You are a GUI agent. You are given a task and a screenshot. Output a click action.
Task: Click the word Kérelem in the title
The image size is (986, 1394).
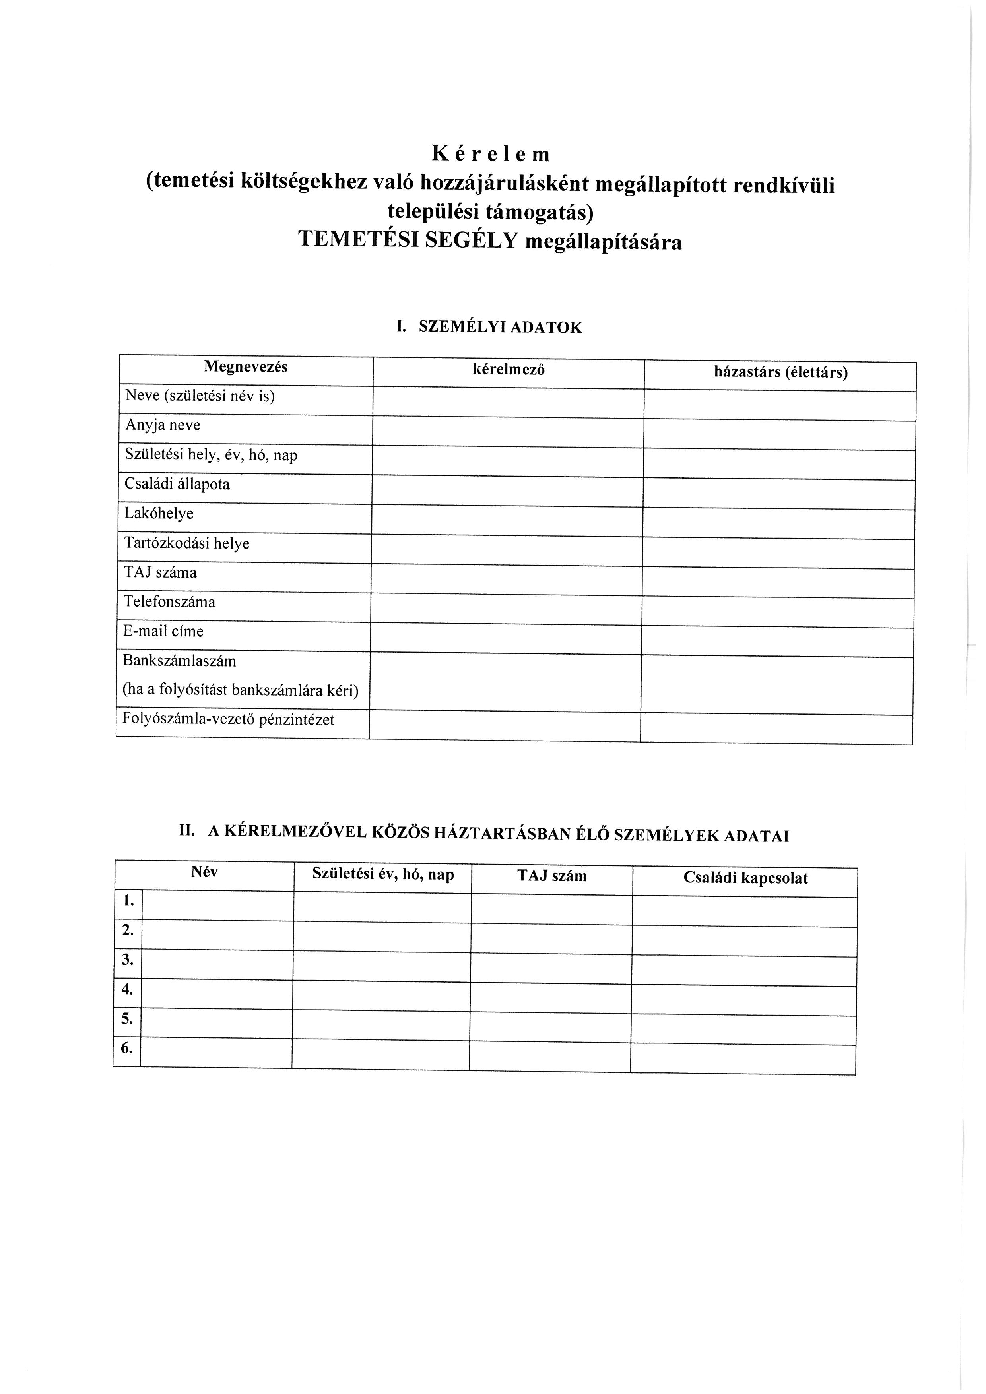[x=491, y=154]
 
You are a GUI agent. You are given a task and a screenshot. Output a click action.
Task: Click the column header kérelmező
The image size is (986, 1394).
[x=508, y=370]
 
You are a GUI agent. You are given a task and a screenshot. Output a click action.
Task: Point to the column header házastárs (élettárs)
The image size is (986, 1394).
[x=780, y=373]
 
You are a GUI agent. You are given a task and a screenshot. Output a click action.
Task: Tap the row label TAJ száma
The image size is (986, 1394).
[x=160, y=572]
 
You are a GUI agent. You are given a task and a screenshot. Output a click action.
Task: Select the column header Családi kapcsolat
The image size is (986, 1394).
[x=745, y=878]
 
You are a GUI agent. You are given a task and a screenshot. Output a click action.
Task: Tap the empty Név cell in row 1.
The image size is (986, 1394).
[x=217, y=906]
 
